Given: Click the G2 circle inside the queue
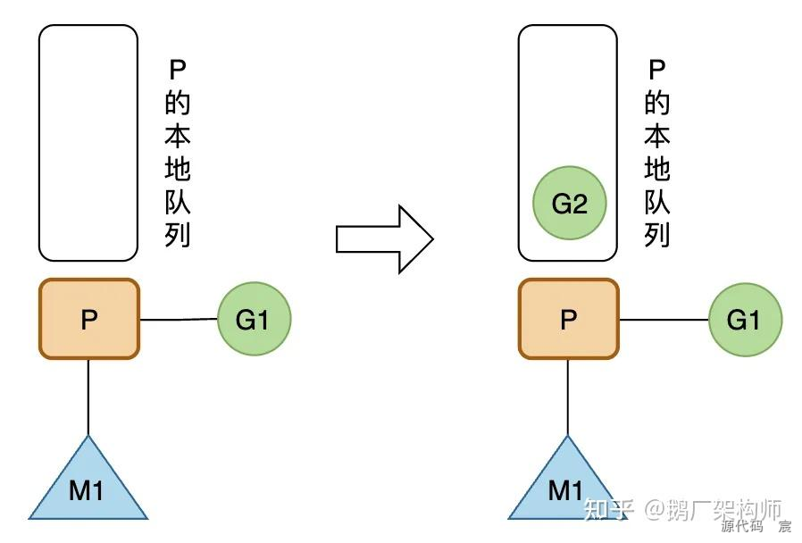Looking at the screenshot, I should tap(569, 204).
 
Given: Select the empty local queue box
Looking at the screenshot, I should tap(88, 143).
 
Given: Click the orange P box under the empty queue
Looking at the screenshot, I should tap(88, 319).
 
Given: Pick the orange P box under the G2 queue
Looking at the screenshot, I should tap(568, 319).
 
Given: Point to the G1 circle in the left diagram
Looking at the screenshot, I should tap(254, 319).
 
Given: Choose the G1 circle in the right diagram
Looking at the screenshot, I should tap(745, 319).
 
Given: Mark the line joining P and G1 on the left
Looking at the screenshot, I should tap(179, 319).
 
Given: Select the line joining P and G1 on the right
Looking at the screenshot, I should tap(663, 319).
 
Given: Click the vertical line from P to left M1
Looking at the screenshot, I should tap(88, 397).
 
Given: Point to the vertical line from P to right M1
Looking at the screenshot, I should tap(568, 397).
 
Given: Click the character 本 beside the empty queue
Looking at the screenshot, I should tap(178, 137).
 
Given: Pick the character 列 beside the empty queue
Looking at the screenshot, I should tap(178, 234).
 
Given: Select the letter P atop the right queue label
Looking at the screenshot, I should tap(657, 70).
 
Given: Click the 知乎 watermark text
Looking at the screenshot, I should tap(607, 510).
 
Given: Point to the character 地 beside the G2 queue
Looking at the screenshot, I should tap(657, 169).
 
